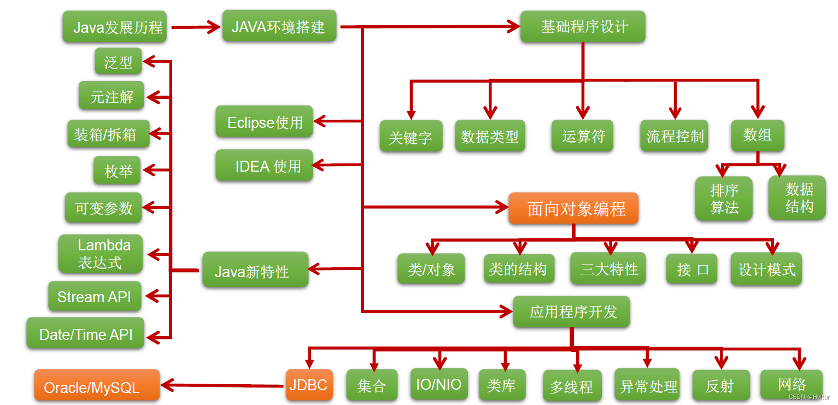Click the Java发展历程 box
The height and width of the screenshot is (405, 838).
[114, 27]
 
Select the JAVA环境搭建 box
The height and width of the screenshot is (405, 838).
[279, 26]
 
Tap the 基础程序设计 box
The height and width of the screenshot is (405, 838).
[583, 26]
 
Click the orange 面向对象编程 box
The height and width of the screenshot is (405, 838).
[573, 208]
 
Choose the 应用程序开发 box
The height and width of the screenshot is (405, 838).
[572, 312]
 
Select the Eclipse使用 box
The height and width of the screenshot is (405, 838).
[265, 121]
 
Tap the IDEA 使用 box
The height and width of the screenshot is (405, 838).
[265, 165]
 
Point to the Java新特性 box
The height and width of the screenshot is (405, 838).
[255, 270]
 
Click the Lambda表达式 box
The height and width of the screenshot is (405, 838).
[101, 254]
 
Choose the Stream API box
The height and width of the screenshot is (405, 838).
[95, 297]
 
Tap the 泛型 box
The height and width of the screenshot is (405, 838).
[118, 61]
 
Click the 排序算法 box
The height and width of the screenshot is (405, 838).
[724, 199]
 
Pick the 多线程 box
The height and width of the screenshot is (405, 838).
[572, 386]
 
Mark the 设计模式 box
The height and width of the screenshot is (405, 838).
[766, 269]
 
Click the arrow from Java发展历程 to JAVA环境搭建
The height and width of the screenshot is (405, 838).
[194, 27]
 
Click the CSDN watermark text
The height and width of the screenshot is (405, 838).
[809, 397]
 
